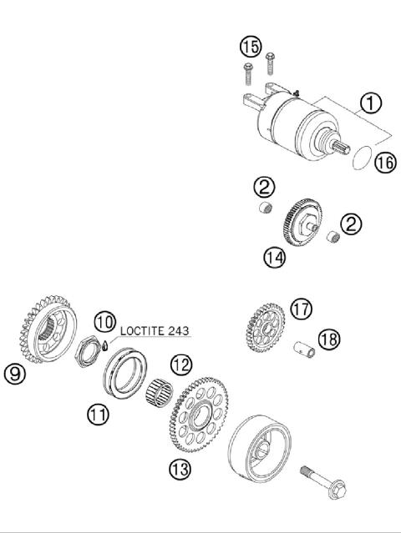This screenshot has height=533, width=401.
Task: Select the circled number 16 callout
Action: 383,163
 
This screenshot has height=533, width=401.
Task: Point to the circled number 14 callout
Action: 273,257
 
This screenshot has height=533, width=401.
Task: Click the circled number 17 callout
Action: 301,309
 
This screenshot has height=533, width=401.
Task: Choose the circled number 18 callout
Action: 330,339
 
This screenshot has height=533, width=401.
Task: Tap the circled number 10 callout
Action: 104,321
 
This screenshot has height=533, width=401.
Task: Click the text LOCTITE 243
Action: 155,330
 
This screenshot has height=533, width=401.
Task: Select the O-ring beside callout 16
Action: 360,156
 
